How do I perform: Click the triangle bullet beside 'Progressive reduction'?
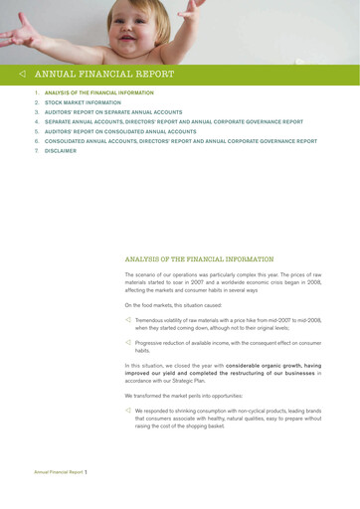[128, 341]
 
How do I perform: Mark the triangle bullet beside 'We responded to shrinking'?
[128, 411]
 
